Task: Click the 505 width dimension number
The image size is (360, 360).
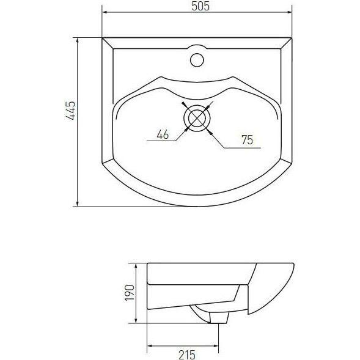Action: coord(200,6)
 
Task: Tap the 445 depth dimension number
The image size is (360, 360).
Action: coord(71,111)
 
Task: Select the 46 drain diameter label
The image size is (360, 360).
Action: coord(163,134)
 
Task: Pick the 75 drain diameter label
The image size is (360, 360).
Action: coord(248,140)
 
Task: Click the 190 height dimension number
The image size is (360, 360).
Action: coord(129,293)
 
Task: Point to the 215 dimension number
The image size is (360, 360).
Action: coord(187,355)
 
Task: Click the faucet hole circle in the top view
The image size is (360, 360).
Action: coord(197,60)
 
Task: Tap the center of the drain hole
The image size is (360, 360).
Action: coord(197,118)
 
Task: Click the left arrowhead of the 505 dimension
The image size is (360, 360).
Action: coord(105,12)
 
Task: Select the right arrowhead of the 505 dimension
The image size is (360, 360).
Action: coord(288,12)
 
